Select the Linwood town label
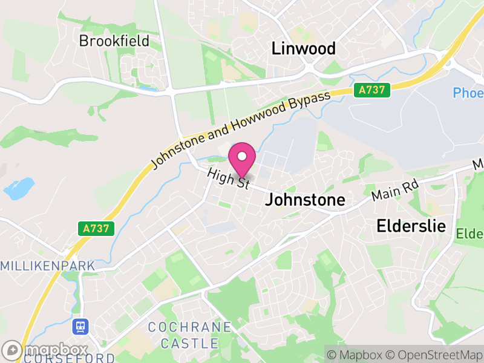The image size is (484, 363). (304, 48)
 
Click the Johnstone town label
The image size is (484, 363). (306, 200)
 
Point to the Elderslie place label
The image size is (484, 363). (411, 226)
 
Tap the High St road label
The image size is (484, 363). (228, 179)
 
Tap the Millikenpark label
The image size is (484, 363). (48, 266)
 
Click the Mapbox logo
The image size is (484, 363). (45, 350)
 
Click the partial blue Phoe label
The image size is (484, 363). (468, 93)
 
